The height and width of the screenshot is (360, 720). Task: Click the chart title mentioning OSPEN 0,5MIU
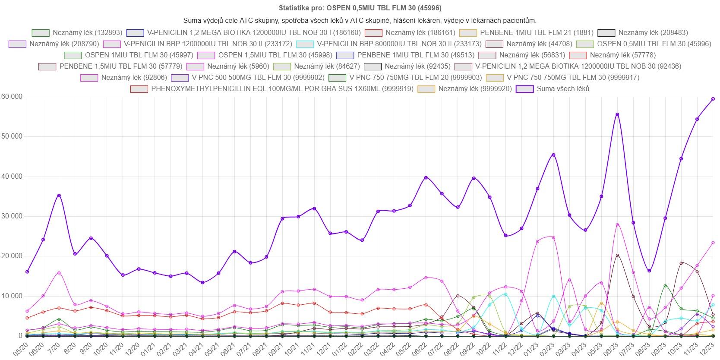tap(360, 8)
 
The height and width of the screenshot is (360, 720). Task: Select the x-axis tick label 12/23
tap(710, 348)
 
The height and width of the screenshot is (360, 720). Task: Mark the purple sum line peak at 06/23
tap(617, 114)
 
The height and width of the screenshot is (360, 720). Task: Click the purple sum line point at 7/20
tap(59, 196)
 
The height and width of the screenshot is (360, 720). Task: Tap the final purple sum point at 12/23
tap(713, 99)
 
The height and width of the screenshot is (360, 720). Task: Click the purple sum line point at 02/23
tap(553, 155)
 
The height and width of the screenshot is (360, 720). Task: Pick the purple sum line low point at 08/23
tap(649, 271)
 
